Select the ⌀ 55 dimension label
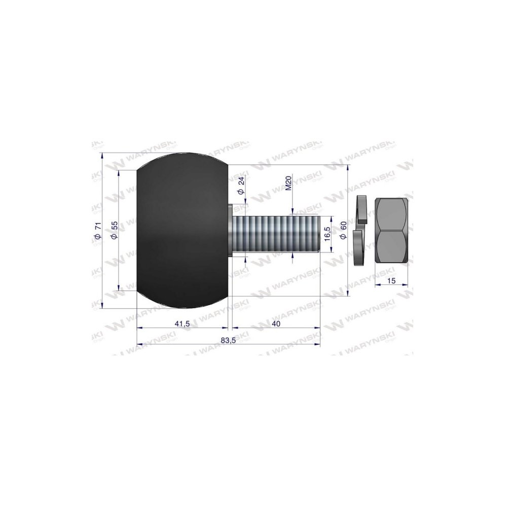(x=114, y=231)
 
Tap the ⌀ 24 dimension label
(x=240, y=186)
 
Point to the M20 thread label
(x=289, y=183)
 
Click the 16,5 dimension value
(x=327, y=233)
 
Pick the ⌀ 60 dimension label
(x=343, y=231)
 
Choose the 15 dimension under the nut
(x=391, y=281)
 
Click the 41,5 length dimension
(x=182, y=323)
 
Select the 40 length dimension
(x=276, y=323)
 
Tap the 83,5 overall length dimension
(x=228, y=341)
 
